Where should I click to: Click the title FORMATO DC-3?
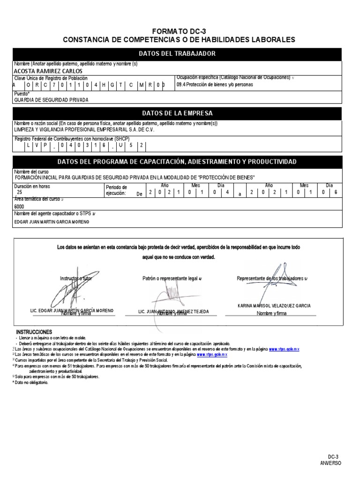coord(180,31)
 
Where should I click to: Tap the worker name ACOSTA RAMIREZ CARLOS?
coord(49,71)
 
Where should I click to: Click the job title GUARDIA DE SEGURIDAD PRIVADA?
coord(52,100)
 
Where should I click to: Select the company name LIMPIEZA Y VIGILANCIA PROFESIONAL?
coord(84,130)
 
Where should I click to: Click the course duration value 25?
coord(19,193)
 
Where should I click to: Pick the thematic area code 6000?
coord(20,206)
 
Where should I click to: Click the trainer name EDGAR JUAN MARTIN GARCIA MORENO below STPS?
coord(52,222)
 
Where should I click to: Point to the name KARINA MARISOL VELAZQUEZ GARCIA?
coord(274,306)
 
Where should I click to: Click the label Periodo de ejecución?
coord(116,190)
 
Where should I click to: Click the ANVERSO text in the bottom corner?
coord(331,463)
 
